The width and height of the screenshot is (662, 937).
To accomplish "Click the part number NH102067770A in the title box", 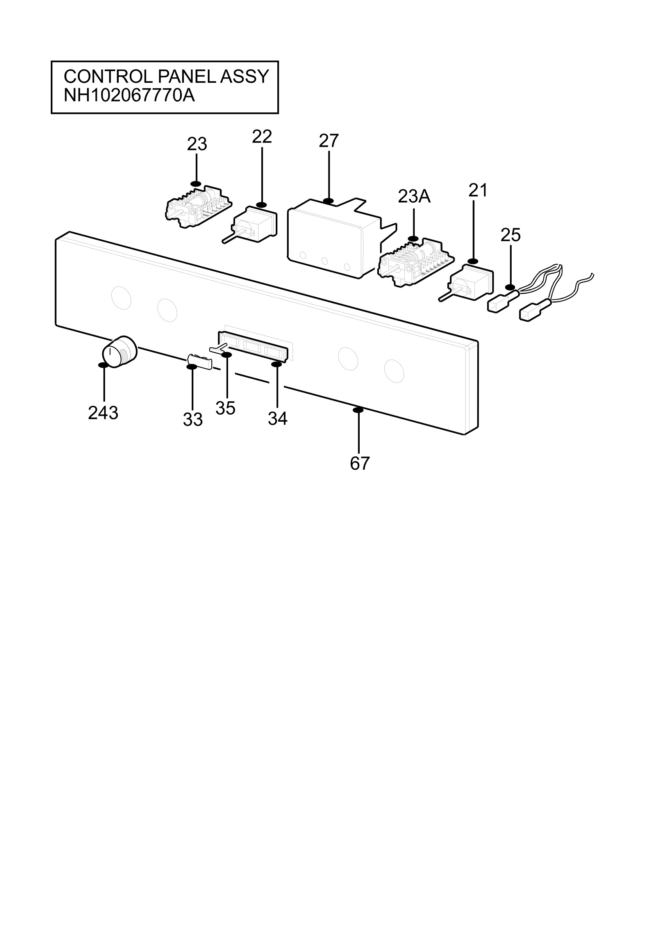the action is point(129,96).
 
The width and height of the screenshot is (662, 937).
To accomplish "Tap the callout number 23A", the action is point(414,197).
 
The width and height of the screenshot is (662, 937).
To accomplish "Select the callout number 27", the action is point(328,141).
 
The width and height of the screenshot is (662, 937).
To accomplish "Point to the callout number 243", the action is point(103,413).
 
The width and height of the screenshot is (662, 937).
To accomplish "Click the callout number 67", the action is point(360,463).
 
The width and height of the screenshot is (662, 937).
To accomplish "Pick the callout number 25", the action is point(510,235).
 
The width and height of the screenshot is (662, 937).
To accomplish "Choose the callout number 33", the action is point(193,420).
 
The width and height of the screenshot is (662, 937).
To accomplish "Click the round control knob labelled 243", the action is point(119,352).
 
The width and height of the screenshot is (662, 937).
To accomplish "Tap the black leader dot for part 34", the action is point(276,364).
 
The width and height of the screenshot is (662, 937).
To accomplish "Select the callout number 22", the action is point(262,137).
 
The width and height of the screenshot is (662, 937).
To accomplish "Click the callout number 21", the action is point(478,191).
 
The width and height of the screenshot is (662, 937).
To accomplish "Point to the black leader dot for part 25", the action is point(510,287).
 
